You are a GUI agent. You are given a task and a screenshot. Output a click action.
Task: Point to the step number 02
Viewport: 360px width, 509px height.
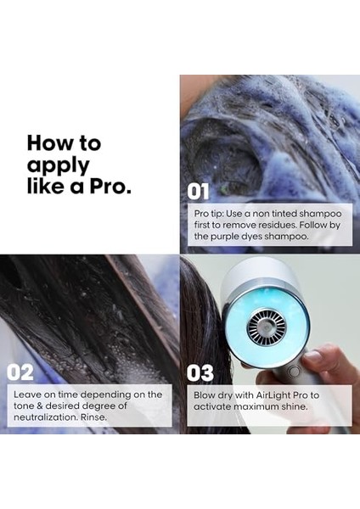(20, 372)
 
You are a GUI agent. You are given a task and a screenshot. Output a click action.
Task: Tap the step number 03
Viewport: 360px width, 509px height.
(200, 372)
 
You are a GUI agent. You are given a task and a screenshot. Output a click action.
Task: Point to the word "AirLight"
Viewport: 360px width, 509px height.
(275, 394)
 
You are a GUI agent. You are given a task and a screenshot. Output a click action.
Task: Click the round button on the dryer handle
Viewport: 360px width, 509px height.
(294, 370)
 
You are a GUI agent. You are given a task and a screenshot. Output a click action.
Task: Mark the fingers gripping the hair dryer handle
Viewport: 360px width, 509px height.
(327, 361)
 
